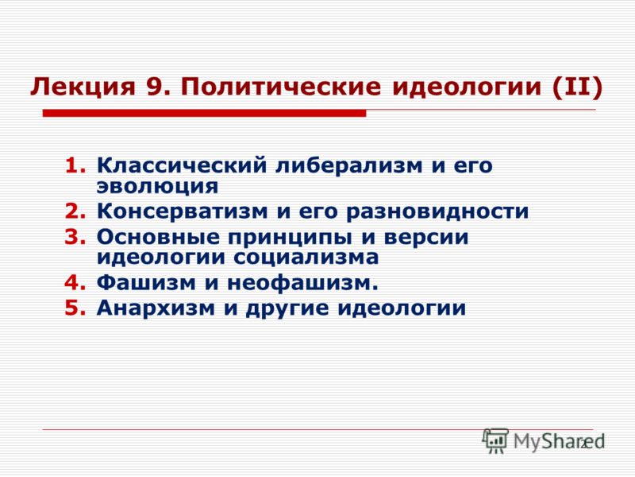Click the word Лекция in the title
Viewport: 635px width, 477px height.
pyautogui.click(x=83, y=87)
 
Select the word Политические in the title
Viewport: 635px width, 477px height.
pyautogui.click(x=281, y=86)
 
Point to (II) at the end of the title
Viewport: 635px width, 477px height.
pyautogui.click(x=577, y=87)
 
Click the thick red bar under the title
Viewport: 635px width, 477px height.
pyautogui.click(x=205, y=113)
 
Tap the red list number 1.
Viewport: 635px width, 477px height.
pyautogui.click(x=75, y=165)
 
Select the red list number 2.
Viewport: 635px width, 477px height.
pyautogui.click(x=75, y=211)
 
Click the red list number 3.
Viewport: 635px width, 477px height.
pyautogui.click(x=75, y=237)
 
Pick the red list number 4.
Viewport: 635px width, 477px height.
pyautogui.click(x=75, y=282)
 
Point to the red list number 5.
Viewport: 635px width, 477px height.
pyautogui.click(x=75, y=308)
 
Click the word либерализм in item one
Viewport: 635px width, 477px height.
pyautogui.click(x=349, y=165)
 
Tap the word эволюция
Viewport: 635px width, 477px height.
pyautogui.click(x=157, y=186)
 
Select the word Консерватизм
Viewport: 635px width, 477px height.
pyautogui.click(x=183, y=211)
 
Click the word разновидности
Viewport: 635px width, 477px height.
pyautogui.click(x=437, y=211)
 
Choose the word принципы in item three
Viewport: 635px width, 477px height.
pyautogui.click(x=290, y=237)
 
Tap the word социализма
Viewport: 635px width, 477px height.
pyautogui.click(x=306, y=257)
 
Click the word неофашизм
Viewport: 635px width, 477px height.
pyautogui.click(x=302, y=283)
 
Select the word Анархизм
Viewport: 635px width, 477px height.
pyautogui.click(x=156, y=308)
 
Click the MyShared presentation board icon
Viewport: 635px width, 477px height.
pyautogui.click(x=495, y=440)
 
